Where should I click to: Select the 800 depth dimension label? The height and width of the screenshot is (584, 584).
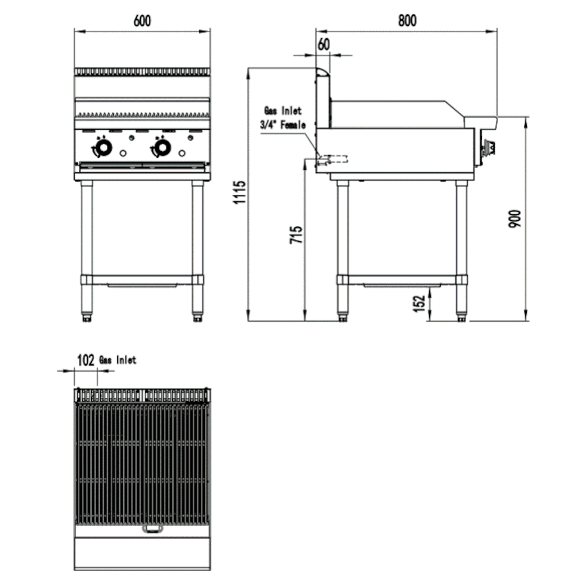click(407, 20)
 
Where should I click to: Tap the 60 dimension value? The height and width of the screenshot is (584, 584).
click(324, 44)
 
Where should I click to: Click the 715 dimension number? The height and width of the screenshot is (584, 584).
click(297, 235)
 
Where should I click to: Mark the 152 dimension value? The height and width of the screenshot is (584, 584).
click(419, 304)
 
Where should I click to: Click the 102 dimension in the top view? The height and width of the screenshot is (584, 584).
click(86, 360)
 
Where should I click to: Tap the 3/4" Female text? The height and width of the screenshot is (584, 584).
click(283, 124)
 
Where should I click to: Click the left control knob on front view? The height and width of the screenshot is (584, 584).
click(103, 150)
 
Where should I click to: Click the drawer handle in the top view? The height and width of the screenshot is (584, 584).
click(154, 530)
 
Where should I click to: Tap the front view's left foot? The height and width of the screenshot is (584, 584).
click(87, 318)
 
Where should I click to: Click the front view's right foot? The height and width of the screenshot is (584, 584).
click(197, 318)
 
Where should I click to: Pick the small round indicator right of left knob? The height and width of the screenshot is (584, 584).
click(123, 154)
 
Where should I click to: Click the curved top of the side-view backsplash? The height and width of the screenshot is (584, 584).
click(322, 72)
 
